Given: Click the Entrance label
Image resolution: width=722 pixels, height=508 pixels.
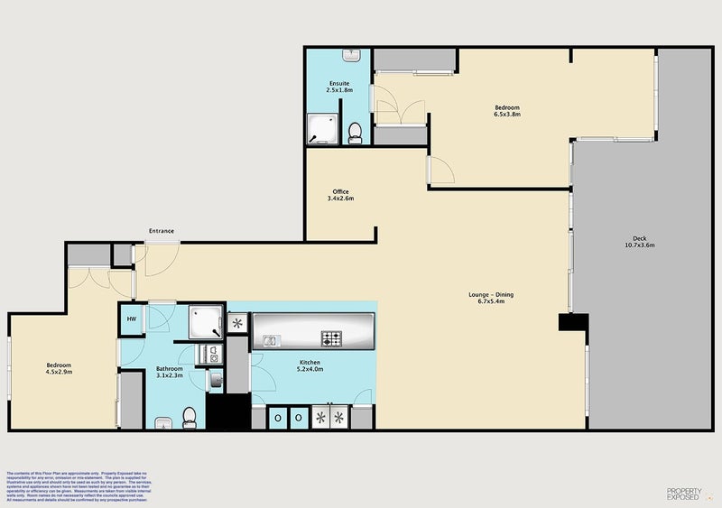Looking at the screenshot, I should tap(162, 232).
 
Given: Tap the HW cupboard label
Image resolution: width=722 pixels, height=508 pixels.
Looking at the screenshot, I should tap(131, 318).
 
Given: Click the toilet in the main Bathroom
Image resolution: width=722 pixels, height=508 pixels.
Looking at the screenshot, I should tap(190, 416).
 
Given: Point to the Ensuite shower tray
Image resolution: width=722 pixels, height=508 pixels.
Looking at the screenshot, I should tap(320, 128).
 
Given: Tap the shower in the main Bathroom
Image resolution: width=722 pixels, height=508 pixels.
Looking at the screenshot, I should tap(204, 320).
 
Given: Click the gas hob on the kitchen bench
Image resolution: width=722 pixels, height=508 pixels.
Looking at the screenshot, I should tap(332, 339).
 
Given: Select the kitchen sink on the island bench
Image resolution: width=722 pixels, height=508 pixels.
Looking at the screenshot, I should tap(271, 340).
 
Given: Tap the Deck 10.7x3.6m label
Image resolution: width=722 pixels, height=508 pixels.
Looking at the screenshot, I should tap(639, 241).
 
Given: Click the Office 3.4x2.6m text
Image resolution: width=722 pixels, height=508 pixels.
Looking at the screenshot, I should tap(340, 195).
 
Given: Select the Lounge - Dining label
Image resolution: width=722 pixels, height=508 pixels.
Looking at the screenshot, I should tap(491, 298).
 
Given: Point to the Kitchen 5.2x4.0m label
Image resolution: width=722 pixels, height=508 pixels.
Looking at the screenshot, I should tap(310, 365).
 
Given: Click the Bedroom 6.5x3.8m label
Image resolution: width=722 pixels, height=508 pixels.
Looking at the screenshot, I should tap(506, 111).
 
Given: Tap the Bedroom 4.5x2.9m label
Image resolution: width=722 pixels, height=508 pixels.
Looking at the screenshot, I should tap(60, 368).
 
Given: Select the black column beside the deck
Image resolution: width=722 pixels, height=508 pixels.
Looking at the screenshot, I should tap(573, 323).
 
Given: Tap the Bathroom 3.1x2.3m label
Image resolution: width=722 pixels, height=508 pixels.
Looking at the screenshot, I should tap(169, 372).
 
